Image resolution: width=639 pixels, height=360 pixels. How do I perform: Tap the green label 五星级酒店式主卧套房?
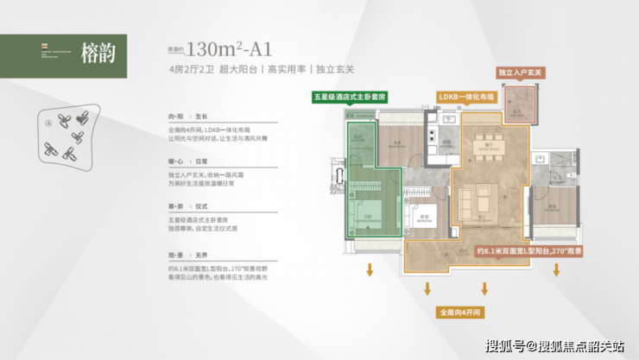click(350, 98)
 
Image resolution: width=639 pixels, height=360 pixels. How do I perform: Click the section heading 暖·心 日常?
click(189, 161)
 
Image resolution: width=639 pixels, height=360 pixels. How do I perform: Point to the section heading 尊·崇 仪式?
click(189, 208)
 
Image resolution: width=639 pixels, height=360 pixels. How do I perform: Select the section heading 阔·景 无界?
click(189, 255)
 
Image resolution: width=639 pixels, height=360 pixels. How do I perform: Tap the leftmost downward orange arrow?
click(370, 270)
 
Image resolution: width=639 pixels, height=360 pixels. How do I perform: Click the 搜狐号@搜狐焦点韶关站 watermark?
click(556, 345)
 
